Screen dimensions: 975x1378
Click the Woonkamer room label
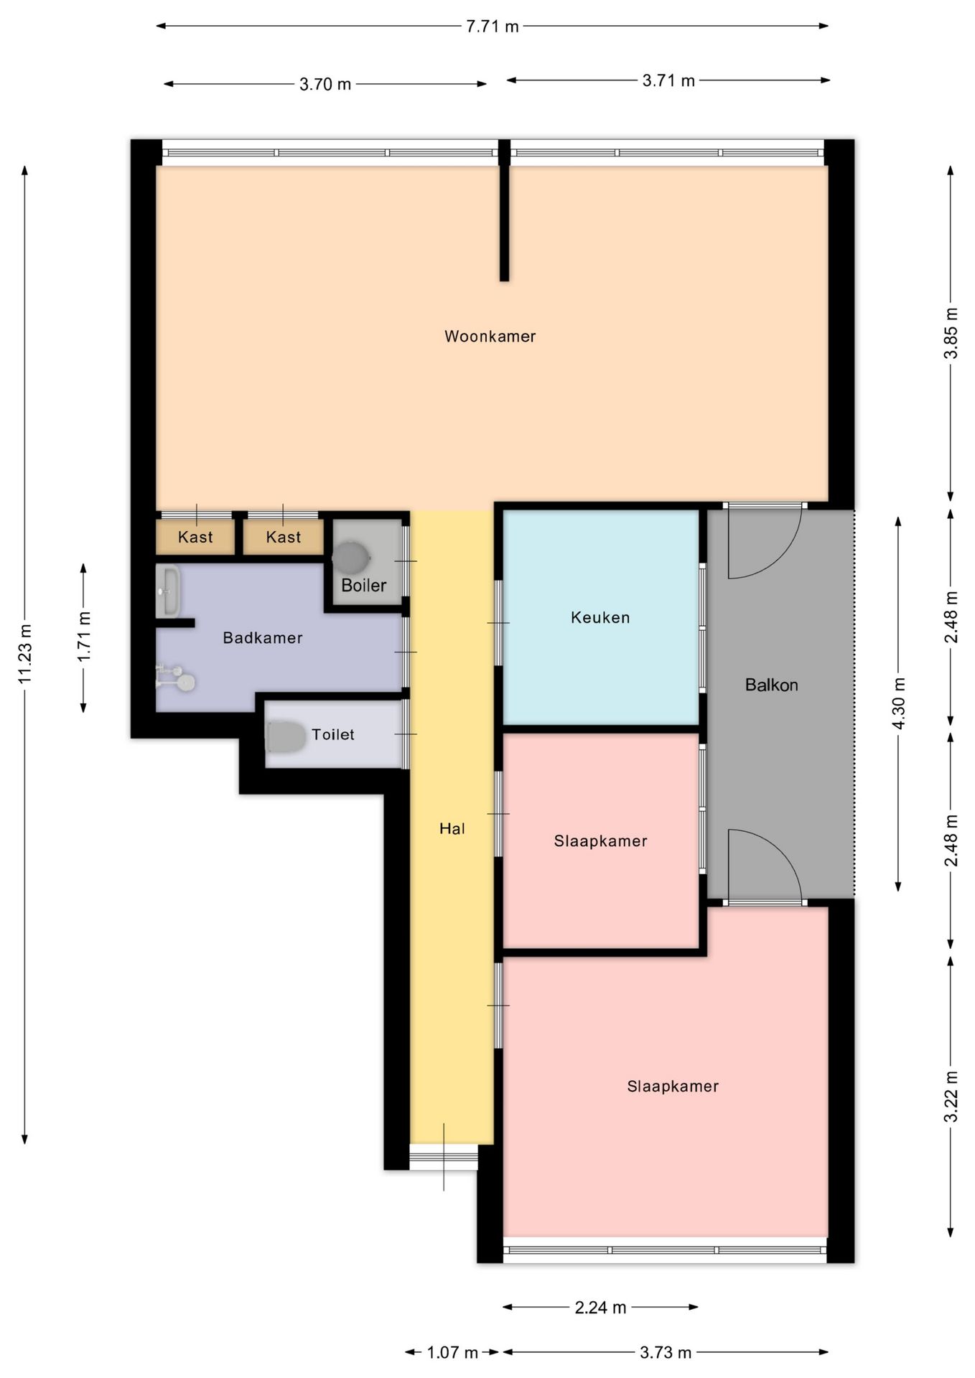490,336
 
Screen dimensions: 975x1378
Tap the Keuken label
600,617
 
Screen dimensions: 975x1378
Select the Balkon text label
771,685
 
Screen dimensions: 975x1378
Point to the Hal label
452,828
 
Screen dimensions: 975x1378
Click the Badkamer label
263,637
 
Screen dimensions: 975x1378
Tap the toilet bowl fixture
286,737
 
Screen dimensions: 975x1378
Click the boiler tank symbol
350,558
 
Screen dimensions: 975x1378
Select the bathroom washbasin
168,591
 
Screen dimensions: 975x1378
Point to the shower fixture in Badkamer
177,678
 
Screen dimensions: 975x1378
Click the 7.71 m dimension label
493,27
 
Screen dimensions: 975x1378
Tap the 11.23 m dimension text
25,653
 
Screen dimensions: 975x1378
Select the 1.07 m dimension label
452,1352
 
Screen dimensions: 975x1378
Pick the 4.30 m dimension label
898,703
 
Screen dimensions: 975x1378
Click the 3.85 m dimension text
951,333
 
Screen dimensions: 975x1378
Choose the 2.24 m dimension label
600,1307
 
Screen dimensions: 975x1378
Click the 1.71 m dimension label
84,637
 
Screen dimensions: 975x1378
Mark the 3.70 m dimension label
325,84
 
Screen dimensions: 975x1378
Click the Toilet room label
332,734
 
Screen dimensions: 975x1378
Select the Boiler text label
363,585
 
